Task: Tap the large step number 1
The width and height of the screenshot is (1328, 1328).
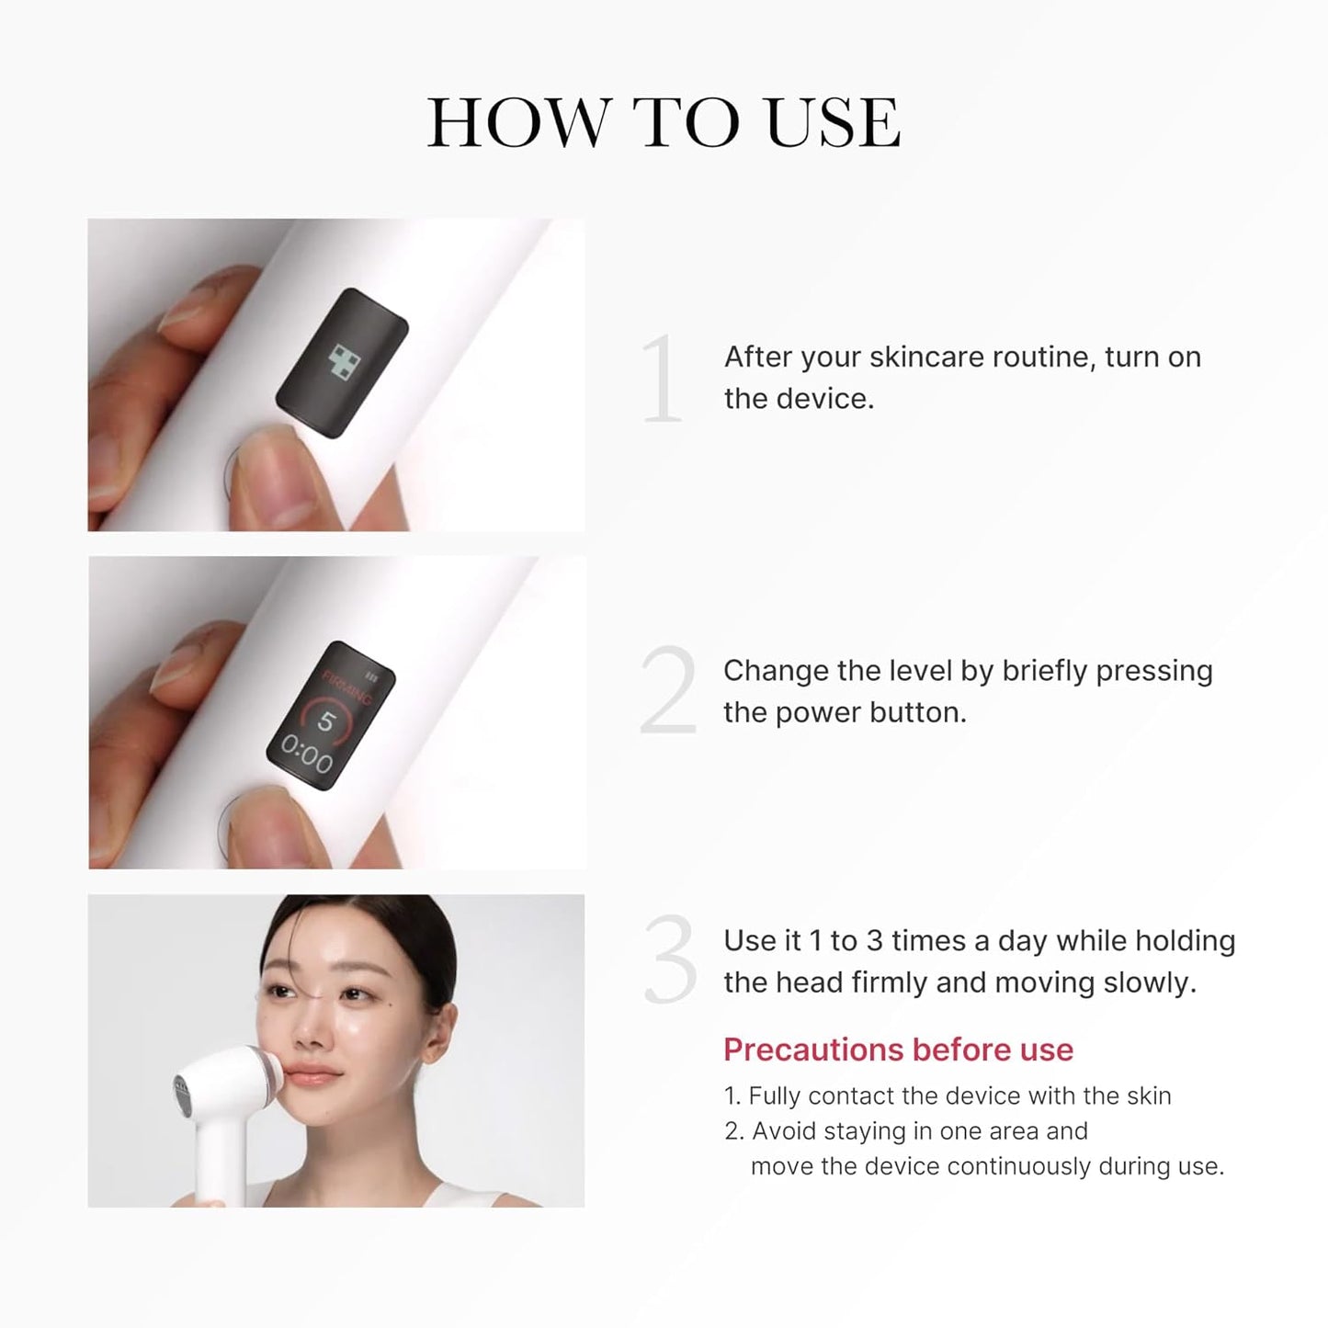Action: tap(662, 379)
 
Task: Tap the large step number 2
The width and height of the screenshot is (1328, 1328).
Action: tap(668, 691)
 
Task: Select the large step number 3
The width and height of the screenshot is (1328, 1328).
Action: tap(669, 961)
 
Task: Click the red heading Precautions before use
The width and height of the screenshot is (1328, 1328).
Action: tap(898, 1050)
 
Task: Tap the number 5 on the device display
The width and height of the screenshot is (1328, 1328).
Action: tap(326, 721)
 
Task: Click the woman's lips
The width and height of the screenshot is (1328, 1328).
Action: tap(316, 1076)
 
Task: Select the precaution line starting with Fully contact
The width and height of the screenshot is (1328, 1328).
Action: tap(947, 1095)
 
